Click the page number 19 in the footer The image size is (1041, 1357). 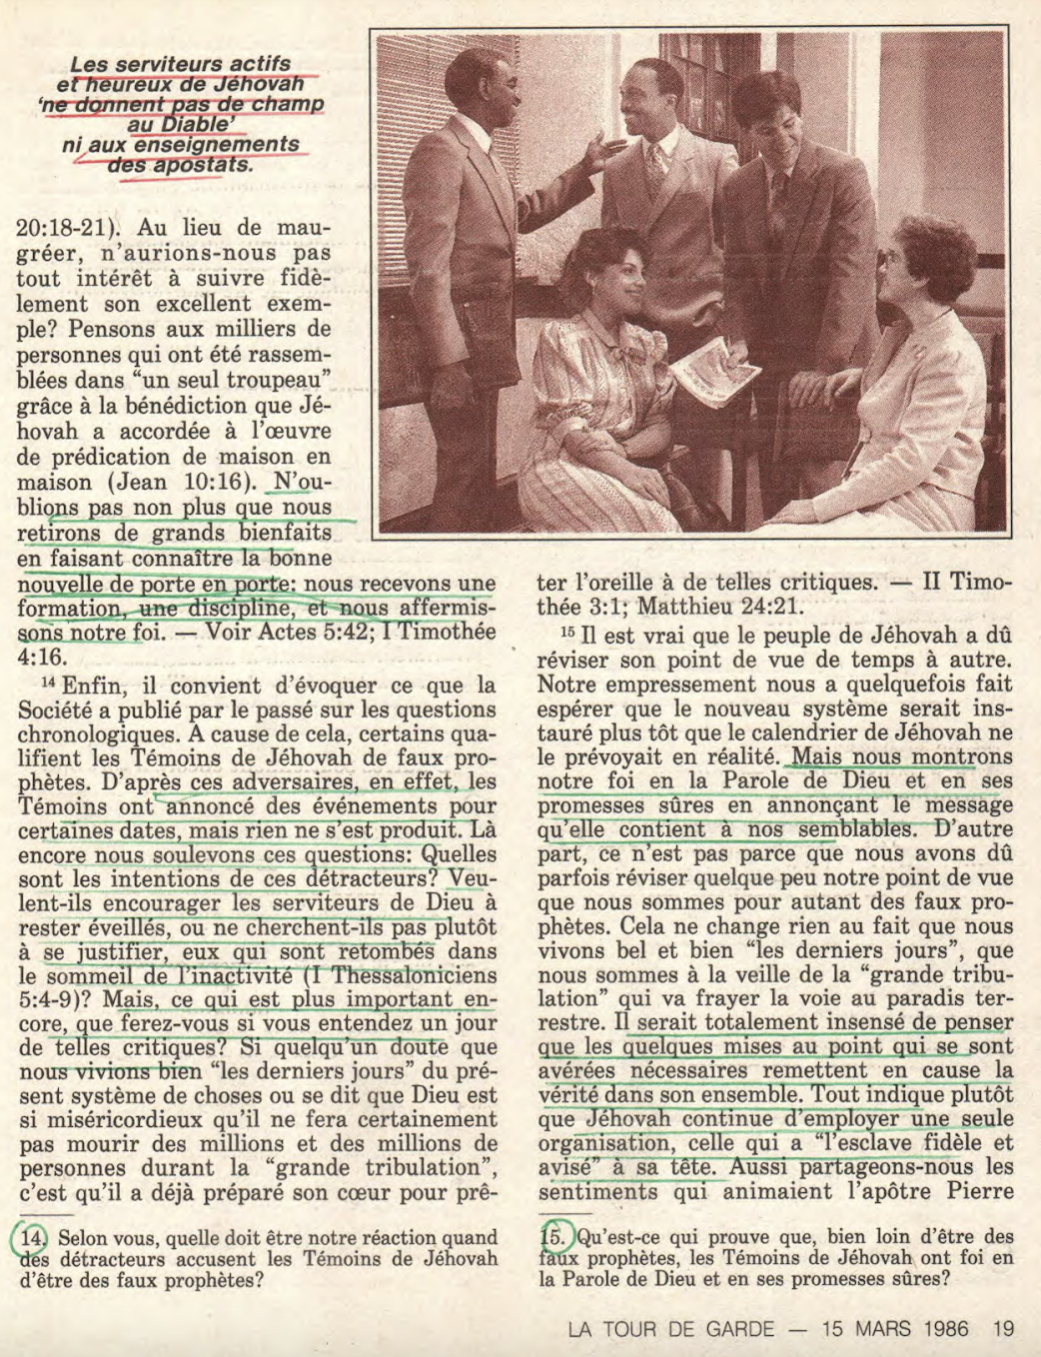coord(1004,1329)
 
